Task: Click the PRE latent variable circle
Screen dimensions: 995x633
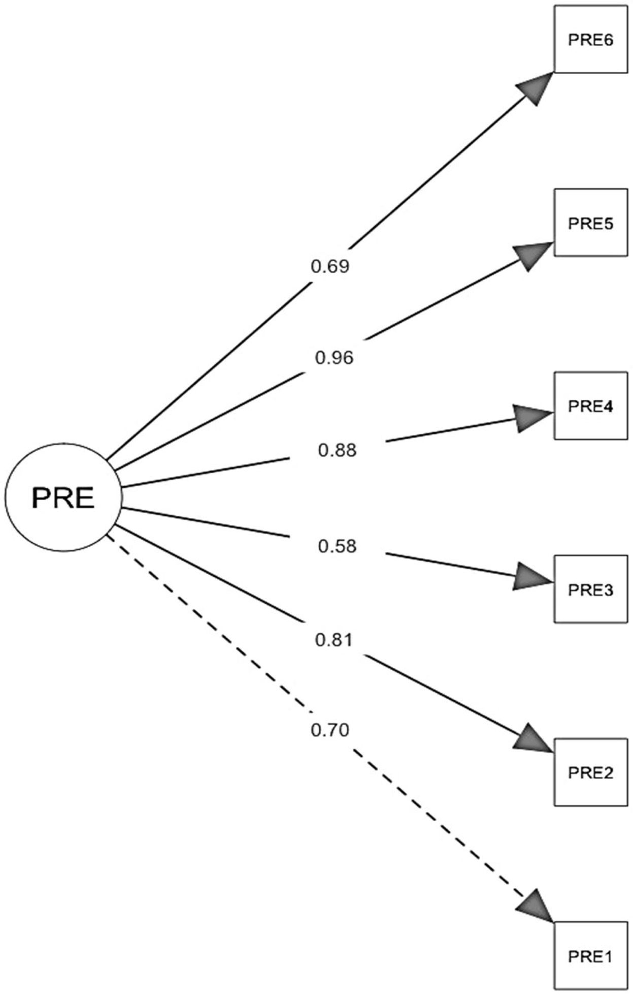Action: [x=63, y=498]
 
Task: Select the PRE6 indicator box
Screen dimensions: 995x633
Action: [x=590, y=39]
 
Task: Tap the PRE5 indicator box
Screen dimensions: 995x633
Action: [x=590, y=223]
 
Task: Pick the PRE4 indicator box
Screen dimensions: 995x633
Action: [x=590, y=406]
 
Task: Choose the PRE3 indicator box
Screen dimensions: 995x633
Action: [x=590, y=589]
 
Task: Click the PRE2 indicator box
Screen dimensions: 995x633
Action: [x=590, y=772]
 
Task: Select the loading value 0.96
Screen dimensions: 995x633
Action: [x=334, y=358]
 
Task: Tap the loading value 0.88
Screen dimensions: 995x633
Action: [x=338, y=450]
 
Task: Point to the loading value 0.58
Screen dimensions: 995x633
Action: [x=338, y=546]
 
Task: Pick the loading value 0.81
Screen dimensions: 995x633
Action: [x=334, y=639]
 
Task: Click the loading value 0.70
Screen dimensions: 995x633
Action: [x=330, y=730]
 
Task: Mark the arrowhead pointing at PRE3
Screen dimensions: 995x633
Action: [x=530, y=577]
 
